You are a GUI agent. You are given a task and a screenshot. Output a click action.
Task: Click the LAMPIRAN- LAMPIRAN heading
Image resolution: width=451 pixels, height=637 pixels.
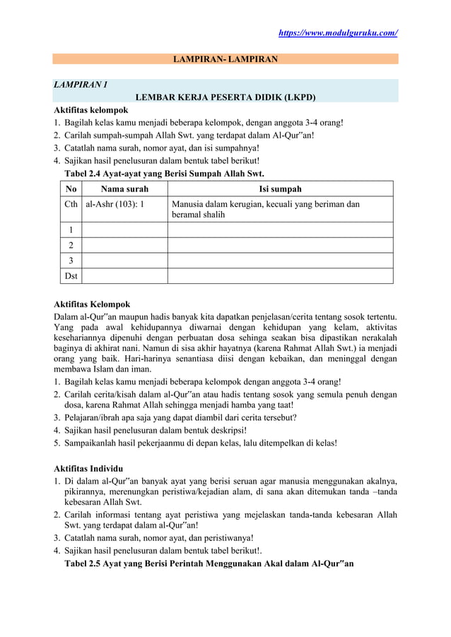pyautogui.click(x=225, y=59)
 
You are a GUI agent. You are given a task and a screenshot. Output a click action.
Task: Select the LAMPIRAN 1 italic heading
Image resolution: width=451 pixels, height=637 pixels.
pyautogui.click(x=81, y=85)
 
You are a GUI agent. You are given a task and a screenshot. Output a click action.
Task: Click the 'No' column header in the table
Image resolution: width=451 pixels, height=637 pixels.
pyautogui.click(x=70, y=189)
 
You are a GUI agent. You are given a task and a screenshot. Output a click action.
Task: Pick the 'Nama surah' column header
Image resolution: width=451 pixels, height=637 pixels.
pyautogui.click(x=124, y=189)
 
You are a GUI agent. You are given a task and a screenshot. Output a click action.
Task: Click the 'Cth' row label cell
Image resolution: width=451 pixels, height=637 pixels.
pyautogui.click(x=70, y=204)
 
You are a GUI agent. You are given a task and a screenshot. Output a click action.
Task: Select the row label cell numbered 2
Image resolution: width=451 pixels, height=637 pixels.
pyautogui.click(x=70, y=245)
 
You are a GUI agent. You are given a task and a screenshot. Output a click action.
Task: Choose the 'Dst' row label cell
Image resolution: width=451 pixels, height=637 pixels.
pyautogui.click(x=70, y=275)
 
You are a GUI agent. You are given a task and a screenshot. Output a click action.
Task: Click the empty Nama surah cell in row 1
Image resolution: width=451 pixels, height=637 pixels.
pyautogui.click(x=124, y=230)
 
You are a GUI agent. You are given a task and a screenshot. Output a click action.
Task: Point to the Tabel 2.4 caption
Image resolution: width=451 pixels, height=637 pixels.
pyautogui.click(x=164, y=173)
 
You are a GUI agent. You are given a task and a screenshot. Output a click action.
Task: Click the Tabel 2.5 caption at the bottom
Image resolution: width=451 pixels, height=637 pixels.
pyautogui.click(x=209, y=564)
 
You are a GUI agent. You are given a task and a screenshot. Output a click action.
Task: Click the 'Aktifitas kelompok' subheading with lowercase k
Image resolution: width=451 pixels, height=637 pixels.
pyautogui.click(x=91, y=111)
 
